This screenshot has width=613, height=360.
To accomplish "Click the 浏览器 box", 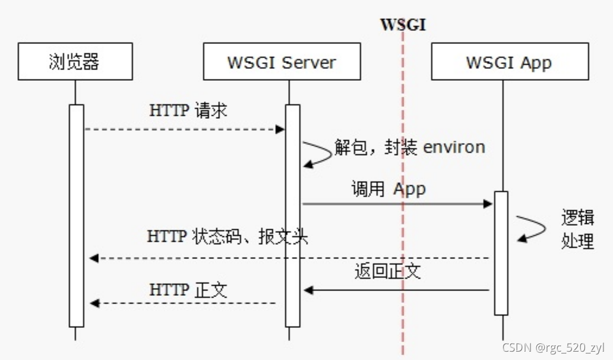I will point(75,62).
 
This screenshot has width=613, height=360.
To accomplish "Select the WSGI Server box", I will point(282,62).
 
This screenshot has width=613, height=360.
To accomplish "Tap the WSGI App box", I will point(509,62).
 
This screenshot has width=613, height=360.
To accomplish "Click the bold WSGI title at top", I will point(403,25).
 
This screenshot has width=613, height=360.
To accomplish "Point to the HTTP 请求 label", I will point(188,111).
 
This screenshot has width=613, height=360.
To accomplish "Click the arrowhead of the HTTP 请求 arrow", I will point(280,129).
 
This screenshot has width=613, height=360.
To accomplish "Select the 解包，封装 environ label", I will point(409,147).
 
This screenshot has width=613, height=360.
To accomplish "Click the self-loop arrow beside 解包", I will point(318,153).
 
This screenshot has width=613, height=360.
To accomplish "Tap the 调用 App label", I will point(388,189).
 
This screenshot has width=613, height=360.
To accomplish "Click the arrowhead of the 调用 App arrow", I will point(488,204).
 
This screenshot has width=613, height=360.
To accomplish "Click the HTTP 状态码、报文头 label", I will point(227,236).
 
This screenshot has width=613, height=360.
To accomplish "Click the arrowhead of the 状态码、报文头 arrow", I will point(94,258).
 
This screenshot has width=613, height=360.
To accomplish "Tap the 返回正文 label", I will point(387,271).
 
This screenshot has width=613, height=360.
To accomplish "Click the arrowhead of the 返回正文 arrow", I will point(308,290).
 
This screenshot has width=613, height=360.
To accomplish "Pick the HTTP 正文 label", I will point(188,290).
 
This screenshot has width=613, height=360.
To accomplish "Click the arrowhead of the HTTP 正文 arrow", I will point(94,304).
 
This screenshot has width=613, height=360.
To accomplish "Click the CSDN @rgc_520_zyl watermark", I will point(553,348).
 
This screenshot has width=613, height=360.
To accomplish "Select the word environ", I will point(454,147).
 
